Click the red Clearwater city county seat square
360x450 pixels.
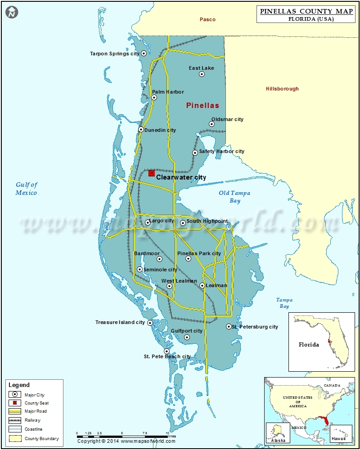(152, 173)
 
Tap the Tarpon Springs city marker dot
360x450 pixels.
(144, 53)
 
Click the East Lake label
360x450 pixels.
(201, 68)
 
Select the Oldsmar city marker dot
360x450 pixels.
(211, 124)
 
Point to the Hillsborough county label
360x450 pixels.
(282, 89)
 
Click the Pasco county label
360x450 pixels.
(207, 19)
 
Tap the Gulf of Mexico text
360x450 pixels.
(27, 189)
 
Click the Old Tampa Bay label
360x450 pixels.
(234, 197)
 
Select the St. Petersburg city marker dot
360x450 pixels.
(229, 326)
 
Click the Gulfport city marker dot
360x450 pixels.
(187, 337)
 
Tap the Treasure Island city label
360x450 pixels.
(120, 322)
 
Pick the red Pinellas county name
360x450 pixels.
(202, 105)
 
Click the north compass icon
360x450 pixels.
(12, 13)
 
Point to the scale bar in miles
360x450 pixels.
(122, 436)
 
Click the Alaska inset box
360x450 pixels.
(275, 432)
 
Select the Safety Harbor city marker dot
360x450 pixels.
(195, 153)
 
